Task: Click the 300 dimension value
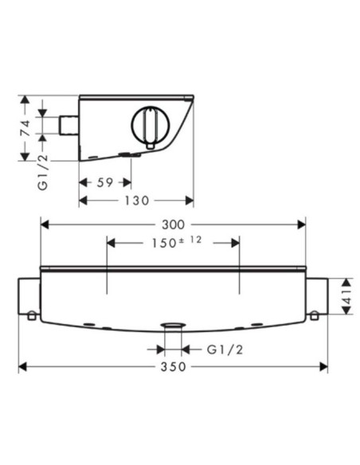(173, 225)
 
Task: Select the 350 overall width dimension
(173, 367)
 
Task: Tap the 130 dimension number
(136, 201)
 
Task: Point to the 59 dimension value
(105, 182)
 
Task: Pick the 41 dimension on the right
(347, 296)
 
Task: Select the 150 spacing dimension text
(164, 244)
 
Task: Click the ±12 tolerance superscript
(190, 240)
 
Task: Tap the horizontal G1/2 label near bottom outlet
(225, 350)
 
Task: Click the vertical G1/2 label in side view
(43, 172)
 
